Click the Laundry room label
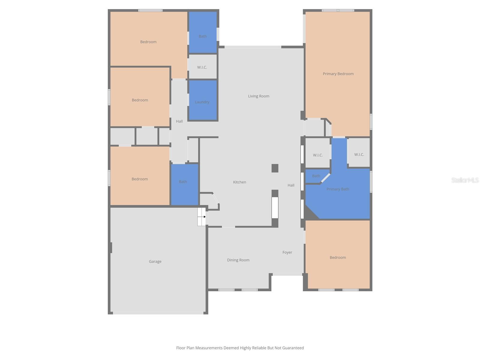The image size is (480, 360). (202, 102)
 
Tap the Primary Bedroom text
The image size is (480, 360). (338, 74)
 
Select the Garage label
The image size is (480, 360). (155, 262)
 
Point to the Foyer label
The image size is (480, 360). (287, 252)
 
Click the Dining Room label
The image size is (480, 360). (238, 260)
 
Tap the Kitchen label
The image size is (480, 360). (239, 182)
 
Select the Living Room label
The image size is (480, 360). (259, 96)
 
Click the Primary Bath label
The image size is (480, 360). (338, 189)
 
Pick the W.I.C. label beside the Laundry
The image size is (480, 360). (202, 67)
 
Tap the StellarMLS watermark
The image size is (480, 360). (465, 180)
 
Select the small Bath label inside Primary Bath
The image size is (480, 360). (316, 176)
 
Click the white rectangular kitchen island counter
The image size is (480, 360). (275, 208)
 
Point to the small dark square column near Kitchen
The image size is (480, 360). (275, 168)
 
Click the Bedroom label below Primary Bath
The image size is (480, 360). (338, 257)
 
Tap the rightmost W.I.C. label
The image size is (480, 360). (359, 154)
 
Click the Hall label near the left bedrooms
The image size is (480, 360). (179, 121)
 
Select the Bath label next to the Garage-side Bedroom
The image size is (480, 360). (183, 181)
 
